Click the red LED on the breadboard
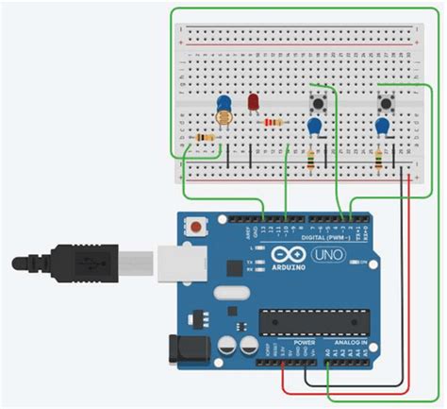[253, 102]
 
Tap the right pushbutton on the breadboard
[385, 100]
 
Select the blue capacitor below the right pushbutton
[383, 125]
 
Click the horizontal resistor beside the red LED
[273, 122]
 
